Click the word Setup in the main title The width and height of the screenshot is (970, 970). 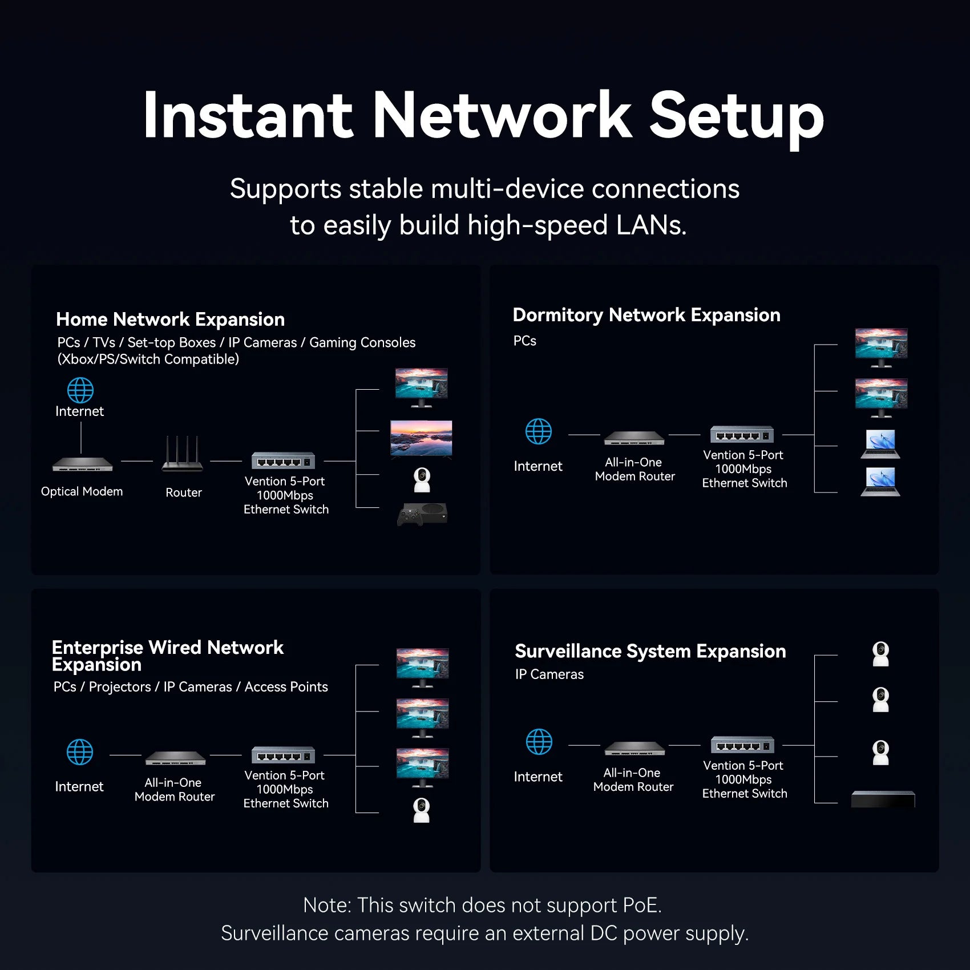[x=736, y=117]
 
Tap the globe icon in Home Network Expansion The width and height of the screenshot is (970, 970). [x=80, y=390]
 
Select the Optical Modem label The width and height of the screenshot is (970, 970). [x=82, y=491]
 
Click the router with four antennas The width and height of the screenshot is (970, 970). [x=182, y=456]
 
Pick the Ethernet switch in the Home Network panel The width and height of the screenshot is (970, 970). [x=284, y=460]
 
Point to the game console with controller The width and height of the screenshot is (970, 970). [x=422, y=514]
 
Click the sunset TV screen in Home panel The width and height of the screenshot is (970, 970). [x=421, y=438]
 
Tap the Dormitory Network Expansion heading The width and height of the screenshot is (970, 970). [x=646, y=315]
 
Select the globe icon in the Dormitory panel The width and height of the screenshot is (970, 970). [x=539, y=431]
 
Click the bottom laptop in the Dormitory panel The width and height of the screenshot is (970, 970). [x=880, y=482]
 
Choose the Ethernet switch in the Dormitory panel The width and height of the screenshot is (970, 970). [x=742, y=435]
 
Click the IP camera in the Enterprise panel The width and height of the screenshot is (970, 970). [x=421, y=810]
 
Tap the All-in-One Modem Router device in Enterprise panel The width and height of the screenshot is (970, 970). [x=175, y=758]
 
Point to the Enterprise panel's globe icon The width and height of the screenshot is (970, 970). [x=80, y=752]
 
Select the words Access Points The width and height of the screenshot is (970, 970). [x=286, y=687]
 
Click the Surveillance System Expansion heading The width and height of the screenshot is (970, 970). [x=650, y=651]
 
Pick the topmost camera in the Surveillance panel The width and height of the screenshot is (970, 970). [x=881, y=654]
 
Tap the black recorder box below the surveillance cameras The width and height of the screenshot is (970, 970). [x=883, y=799]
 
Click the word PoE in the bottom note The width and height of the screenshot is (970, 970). [x=640, y=906]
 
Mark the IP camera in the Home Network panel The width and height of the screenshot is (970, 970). [x=422, y=480]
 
